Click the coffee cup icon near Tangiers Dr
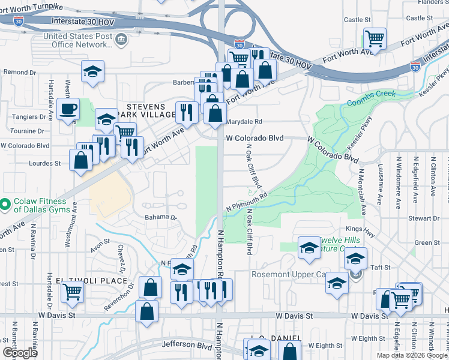(x=68, y=109)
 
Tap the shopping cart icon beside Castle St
(x=375, y=39)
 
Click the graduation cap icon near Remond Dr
(x=92, y=71)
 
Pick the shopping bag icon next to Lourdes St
(x=80, y=160)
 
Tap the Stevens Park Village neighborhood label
(x=140, y=110)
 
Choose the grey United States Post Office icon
(x=121, y=40)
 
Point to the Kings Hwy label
(x=360, y=229)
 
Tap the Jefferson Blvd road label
(x=187, y=345)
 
